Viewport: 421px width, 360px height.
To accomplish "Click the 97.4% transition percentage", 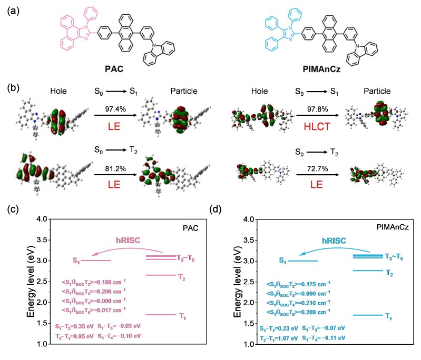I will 113,107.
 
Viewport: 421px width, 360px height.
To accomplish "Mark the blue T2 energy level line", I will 367,271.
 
